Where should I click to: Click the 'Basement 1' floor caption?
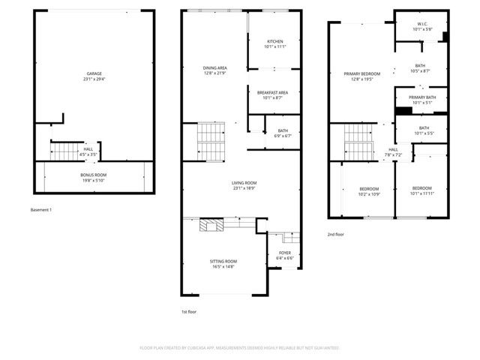41,209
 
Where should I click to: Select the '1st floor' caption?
189,311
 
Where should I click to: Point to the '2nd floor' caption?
337,235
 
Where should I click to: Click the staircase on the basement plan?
64,153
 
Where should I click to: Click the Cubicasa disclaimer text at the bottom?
240,348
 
